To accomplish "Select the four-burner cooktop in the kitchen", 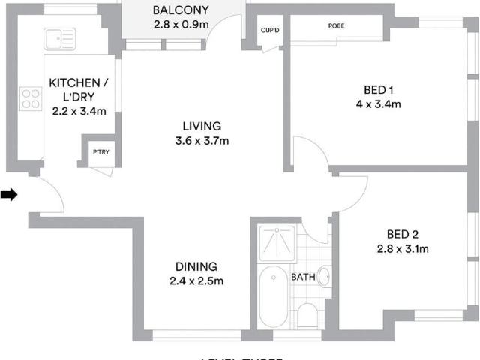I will tap(31, 96).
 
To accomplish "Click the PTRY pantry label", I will tap(100, 152).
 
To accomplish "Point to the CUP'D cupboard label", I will tap(270, 31).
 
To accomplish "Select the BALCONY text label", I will tap(180, 10).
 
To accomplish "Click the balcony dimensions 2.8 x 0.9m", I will tap(180, 24).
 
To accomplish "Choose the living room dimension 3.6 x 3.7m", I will tap(202, 140).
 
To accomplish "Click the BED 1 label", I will tap(377, 90).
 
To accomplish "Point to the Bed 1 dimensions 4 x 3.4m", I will tap(377, 104).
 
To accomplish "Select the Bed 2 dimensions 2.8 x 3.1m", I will tap(408, 248).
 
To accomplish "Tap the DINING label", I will tap(196, 266).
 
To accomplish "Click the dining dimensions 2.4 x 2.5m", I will tap(196, 281).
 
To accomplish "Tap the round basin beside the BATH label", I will tap(324, 277).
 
